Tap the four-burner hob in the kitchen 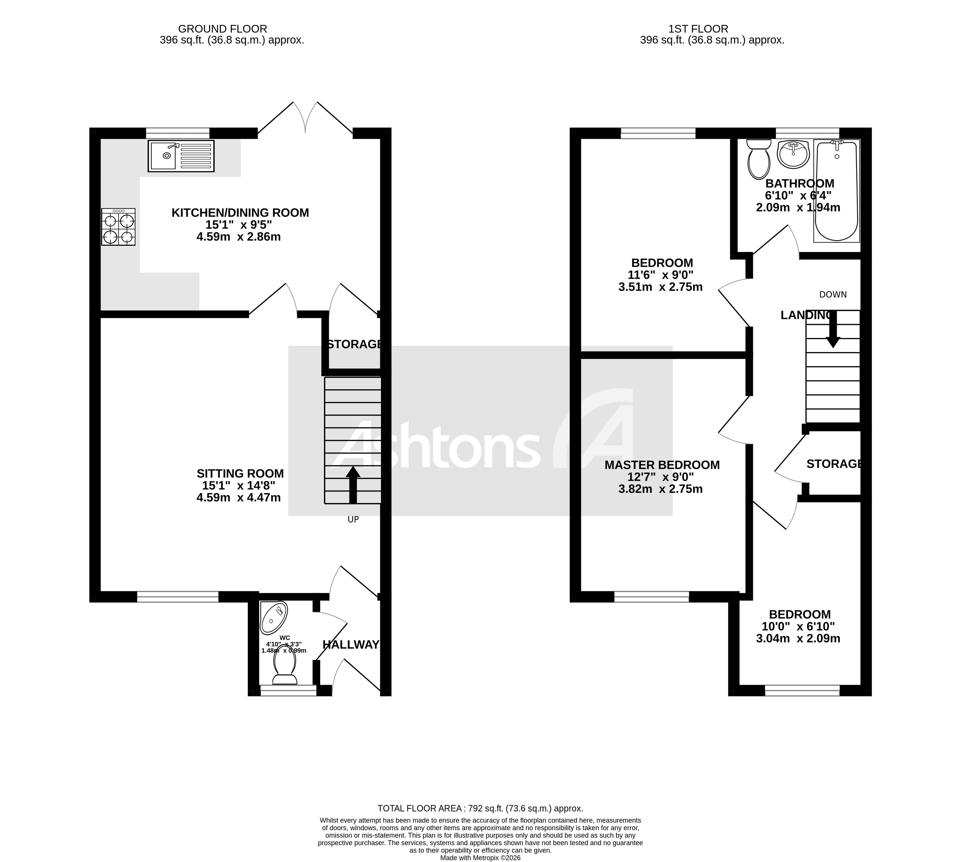click(x=118, y=227)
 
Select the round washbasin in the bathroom click(x=793, y=154)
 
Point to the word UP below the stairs click(x=353, y=519)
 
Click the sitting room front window click(x=178, y=597)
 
